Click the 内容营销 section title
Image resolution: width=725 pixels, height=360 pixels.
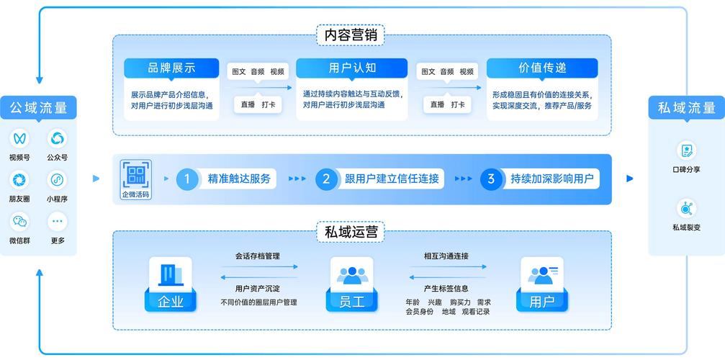(x=350, y=35)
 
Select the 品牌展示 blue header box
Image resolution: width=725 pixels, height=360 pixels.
(x=171, y=68)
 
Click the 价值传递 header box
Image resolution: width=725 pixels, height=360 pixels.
(x=542, y=68)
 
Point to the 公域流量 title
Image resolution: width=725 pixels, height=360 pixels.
(x=38, y=109)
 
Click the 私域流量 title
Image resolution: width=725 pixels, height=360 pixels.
(x=686, y=109)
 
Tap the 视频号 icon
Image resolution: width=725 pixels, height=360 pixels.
(x=19, y=138)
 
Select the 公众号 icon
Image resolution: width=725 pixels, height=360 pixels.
(x=57, y=138)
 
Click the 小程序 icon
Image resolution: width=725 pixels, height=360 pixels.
(x=57, y=180)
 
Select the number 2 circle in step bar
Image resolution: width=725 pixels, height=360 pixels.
(x=326, y=179)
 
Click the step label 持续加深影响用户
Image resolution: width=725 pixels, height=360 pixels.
(x=552, y=179)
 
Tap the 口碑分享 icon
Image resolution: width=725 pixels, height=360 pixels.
(x=686, y=150)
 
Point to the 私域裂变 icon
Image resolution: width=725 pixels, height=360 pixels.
(x=686, y=209)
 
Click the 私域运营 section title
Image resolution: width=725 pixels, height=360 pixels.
(x=350, y=233)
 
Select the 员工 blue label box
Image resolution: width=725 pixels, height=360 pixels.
(x=351, y=301)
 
